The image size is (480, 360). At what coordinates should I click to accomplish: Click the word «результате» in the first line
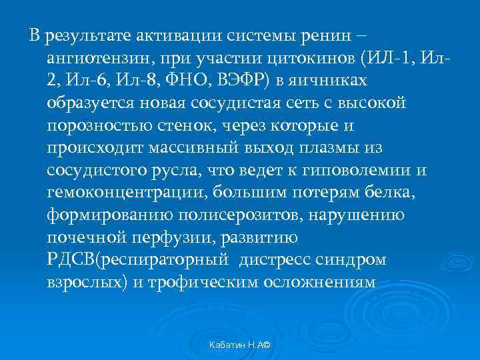pyautogui.click(x=84, y=35)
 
